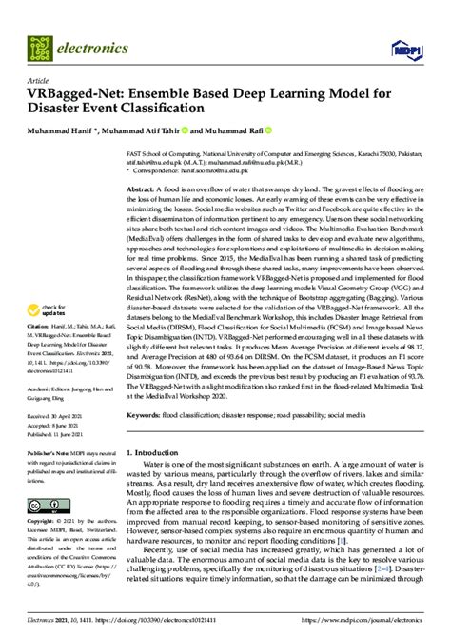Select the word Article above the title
[x=39, y=82]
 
